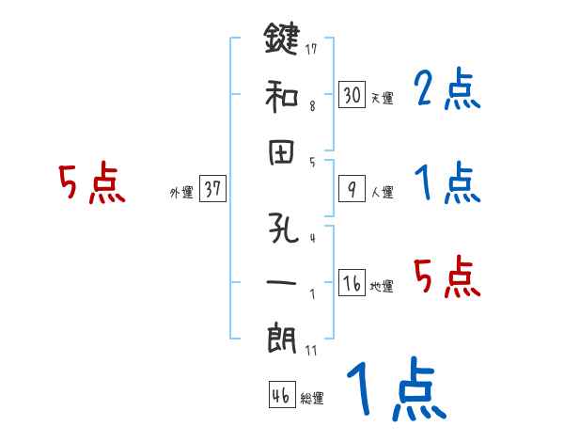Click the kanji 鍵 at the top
tap(281, 42)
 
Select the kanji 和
tap(281, 95)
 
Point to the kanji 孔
tap(281, 231)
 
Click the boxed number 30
tap(352, 95)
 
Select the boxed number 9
tap(352, 190)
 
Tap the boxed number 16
tap(352, 284)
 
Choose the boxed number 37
tap(213, 190)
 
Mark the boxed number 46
tap(280, 396)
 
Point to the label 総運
tap(311, 399)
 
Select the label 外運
tap(180, 193)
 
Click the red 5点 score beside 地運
tap(447, 277)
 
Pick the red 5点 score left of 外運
tap(92, 183)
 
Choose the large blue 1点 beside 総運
tap(395, 390)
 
